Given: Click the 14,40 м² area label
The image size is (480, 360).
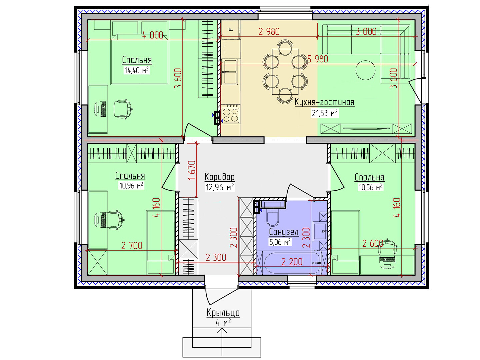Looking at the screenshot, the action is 137,70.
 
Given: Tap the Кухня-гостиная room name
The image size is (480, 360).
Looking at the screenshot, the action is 324,102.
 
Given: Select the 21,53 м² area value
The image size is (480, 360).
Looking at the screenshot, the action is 325,113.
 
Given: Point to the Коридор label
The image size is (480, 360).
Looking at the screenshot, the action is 220,177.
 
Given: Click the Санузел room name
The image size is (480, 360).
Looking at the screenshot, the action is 284,232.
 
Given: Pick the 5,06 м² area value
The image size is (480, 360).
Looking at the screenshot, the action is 280,242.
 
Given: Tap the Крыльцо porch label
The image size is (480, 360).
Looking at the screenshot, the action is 223,313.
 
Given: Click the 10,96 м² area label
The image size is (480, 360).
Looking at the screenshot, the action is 131,186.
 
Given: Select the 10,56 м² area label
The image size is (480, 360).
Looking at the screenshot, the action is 370,187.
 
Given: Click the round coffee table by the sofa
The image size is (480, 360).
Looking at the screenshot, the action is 365,70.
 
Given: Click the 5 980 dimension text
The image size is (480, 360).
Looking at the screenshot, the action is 318,59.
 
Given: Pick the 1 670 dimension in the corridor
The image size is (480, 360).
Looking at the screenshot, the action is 192,170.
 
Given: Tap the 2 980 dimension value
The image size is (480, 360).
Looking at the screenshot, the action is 269,32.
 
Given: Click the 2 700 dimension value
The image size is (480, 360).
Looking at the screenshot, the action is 132,246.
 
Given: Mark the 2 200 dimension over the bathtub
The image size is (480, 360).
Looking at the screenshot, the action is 292,262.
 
